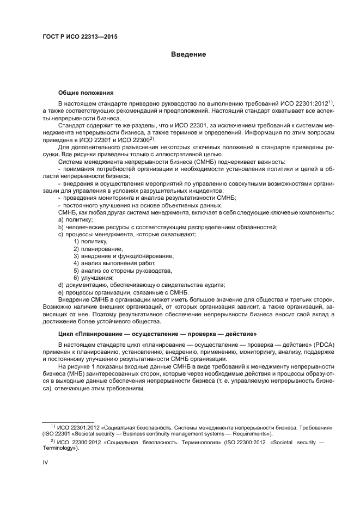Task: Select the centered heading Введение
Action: click(188, 54)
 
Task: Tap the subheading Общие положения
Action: click(86, 93)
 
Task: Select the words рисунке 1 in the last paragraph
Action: click(83, 367)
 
